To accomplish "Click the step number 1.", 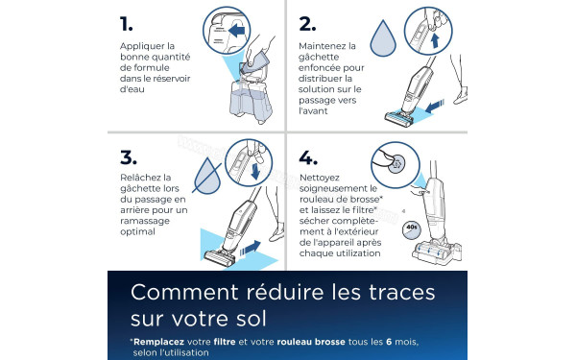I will pos(126,23).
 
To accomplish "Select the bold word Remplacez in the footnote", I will pos(163,342).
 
